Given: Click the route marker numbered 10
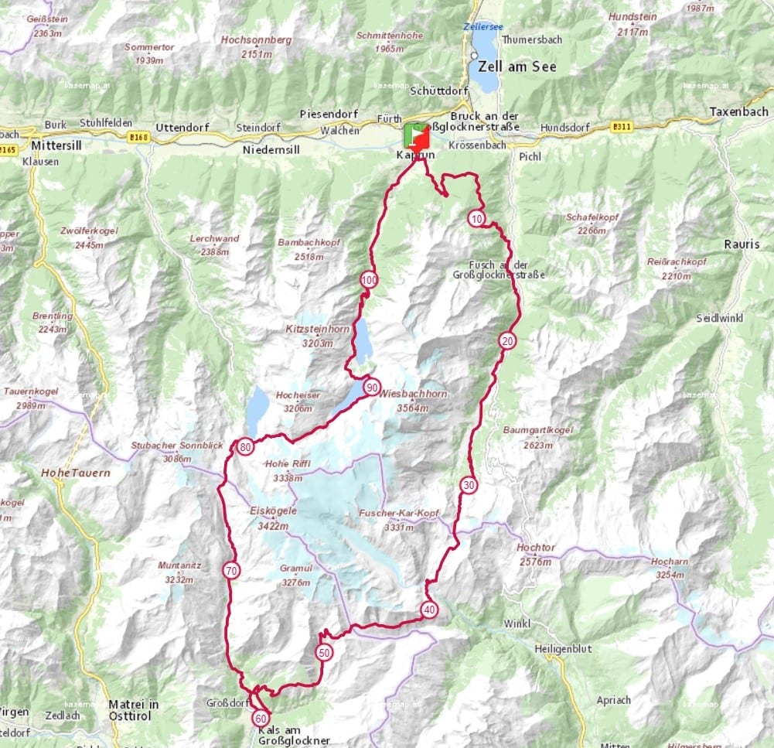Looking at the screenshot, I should click(x=476, y=219).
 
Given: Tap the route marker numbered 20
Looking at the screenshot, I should click(x=507, y=340).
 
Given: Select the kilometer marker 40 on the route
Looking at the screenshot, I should click(x=429, y=610).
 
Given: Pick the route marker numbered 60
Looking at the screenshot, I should click(x=261, y=719).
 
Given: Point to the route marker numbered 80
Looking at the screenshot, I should click(x=246, y=446).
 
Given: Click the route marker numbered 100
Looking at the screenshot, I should click(x=369, y=280).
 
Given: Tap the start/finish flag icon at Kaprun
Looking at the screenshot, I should click(x=416, y=136).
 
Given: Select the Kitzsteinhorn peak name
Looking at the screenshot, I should click(x=317, y=329).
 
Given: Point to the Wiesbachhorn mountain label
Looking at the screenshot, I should click(x=413, y=394).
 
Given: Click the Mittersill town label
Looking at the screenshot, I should click(x=58, y=144).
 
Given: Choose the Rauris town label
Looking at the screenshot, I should click(x=742, y=244).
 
